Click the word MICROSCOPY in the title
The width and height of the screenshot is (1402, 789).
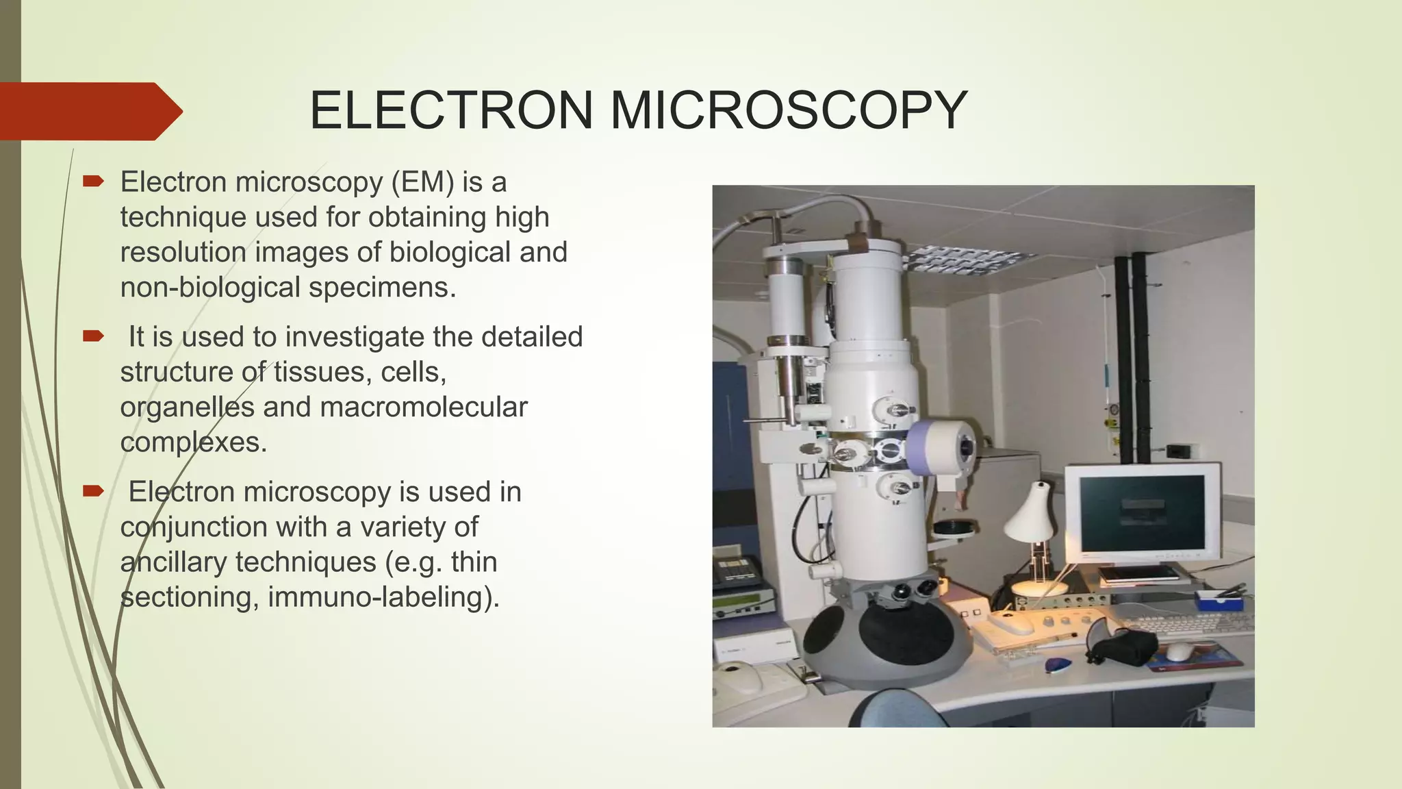787,110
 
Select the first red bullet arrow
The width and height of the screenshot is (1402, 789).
92,181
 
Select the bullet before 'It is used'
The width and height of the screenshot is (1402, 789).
92,336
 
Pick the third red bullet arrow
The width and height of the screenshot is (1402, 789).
92,491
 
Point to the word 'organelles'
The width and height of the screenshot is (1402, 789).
186,407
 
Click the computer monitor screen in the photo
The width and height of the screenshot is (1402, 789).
1141,512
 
